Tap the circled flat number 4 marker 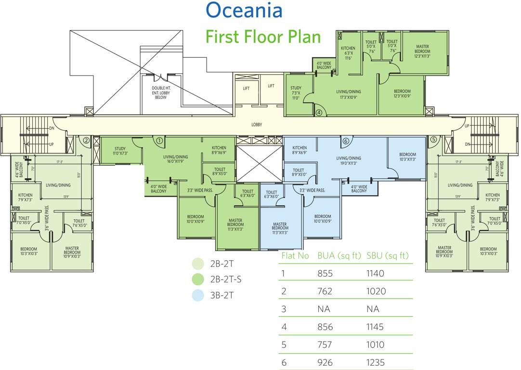319,113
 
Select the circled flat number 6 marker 345,141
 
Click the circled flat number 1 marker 159,141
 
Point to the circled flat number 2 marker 86,141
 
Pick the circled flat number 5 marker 433,140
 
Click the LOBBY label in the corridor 257,125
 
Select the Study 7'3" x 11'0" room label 296,92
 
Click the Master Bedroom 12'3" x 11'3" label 422,51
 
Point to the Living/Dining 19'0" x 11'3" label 348,160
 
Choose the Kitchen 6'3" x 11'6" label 348,53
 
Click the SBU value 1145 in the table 375,327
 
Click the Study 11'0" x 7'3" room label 120,151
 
